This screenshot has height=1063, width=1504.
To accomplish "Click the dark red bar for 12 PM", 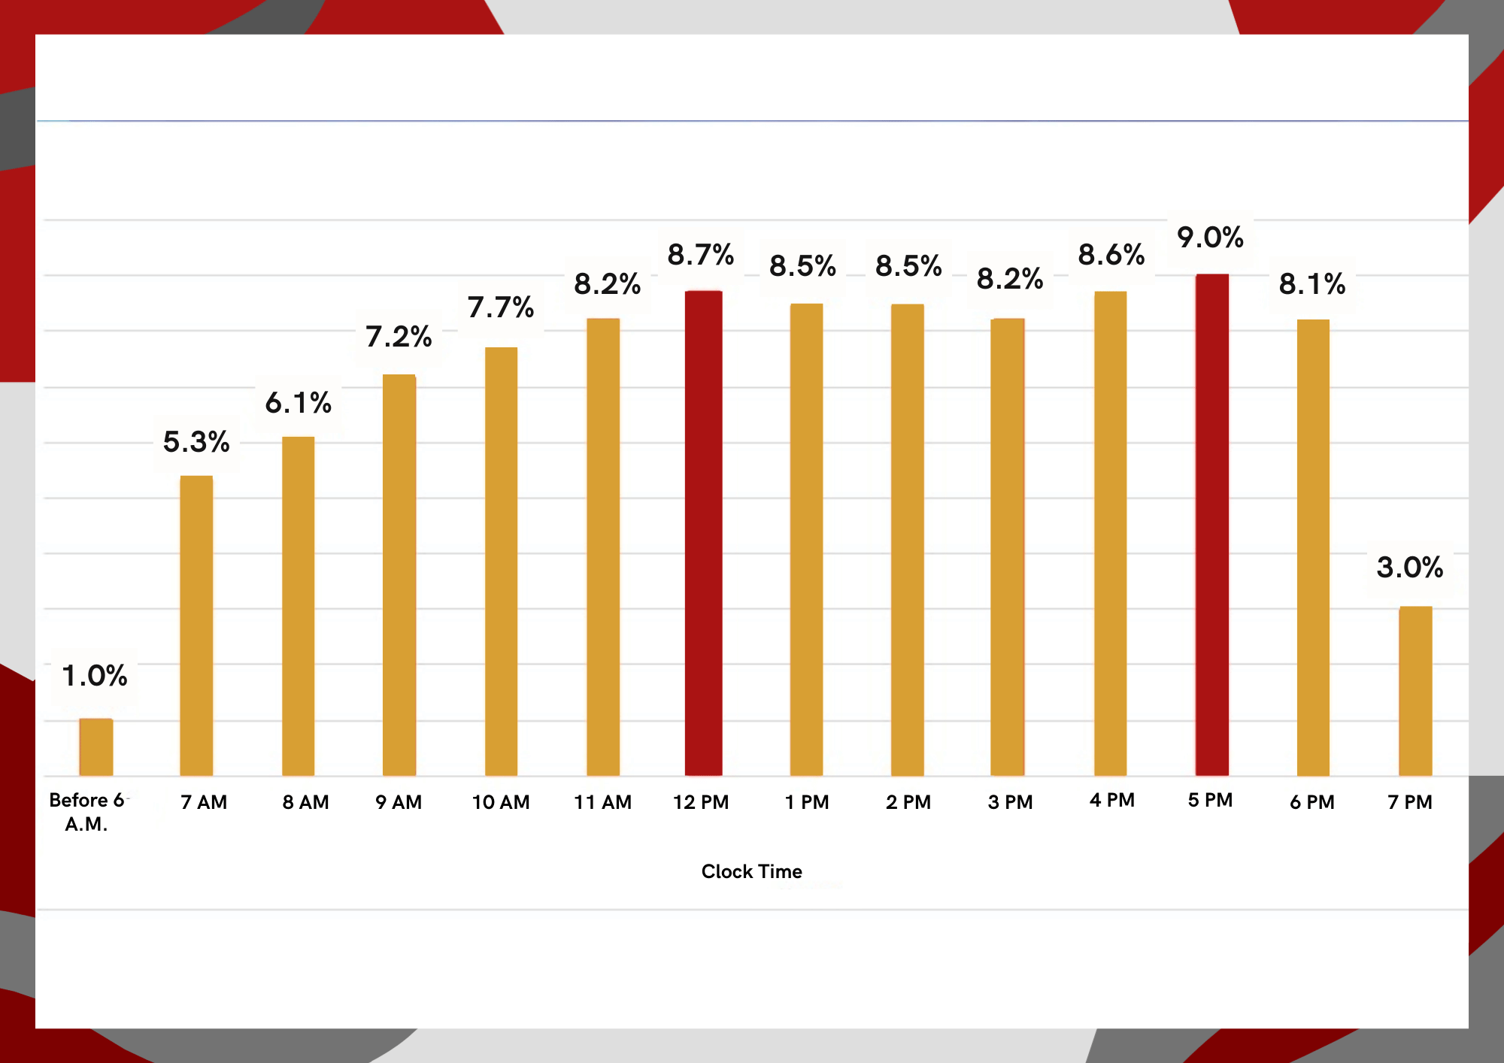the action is click(703, 533).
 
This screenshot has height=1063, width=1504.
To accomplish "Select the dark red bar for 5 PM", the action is click(1212, 525).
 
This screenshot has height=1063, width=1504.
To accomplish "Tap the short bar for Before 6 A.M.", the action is click(96, 747).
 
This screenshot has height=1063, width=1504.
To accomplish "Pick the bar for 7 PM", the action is click(1415, 691).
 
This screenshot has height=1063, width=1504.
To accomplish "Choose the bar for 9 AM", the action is click(399, 575).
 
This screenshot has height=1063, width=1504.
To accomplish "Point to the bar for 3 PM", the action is click(1008, 547).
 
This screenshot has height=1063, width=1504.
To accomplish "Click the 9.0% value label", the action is click(1210, 238).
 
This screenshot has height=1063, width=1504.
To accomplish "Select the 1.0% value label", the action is click(95, 676).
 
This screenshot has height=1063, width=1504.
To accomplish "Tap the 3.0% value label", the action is click(1410, 568).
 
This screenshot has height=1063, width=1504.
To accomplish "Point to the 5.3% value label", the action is click(196, 442).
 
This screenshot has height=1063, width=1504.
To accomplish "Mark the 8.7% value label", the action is click(701, 255).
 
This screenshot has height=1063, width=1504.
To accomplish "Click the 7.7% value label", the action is click(501, 307).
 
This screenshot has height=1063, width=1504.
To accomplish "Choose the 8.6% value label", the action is click(1111, 255).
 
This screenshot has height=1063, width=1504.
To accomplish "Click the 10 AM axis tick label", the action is click(501, 802).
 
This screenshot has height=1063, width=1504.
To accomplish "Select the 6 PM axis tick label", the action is click(1312, 802).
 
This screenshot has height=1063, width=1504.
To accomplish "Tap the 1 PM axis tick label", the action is click(807, 802).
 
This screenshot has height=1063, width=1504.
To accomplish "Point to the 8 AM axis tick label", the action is click(306, 802).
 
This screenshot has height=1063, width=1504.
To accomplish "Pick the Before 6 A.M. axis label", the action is click(87, 812).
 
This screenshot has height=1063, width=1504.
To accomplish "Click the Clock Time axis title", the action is click(752, 871).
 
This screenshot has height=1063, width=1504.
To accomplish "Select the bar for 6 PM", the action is click(1313, 548).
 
